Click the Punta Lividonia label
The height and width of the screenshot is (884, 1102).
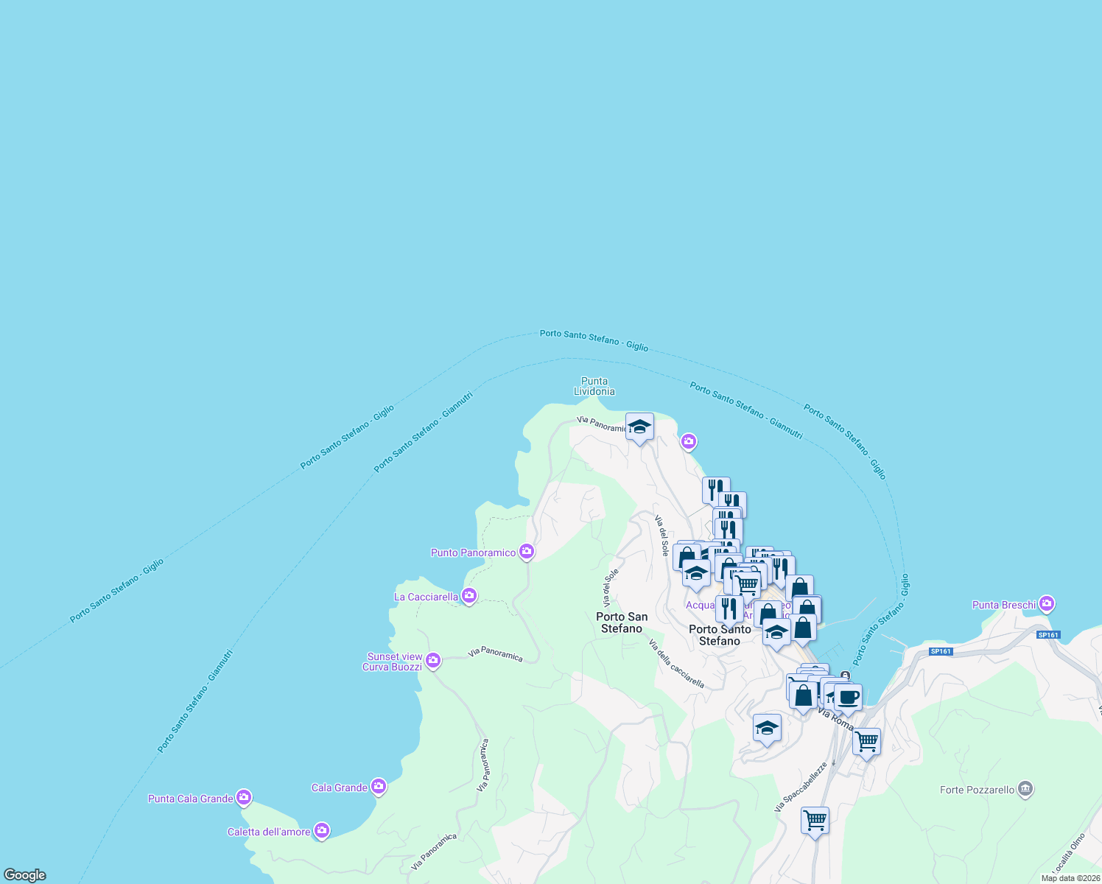594,387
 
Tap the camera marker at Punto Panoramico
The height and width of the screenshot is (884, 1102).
526,551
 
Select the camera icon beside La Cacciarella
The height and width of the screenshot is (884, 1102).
469,595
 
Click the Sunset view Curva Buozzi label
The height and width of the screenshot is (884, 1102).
394,662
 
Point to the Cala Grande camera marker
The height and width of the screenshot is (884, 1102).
379,787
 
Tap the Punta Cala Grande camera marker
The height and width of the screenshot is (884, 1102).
244,797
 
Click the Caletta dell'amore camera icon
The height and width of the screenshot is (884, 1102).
321,830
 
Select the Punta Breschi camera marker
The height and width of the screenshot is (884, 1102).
1047,604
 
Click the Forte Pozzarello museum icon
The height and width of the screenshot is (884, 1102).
1025,790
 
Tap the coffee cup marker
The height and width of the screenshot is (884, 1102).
848,696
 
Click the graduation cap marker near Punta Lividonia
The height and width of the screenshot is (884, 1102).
639,426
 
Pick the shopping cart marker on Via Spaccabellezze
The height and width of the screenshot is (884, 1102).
815,820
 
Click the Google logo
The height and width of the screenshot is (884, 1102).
25,875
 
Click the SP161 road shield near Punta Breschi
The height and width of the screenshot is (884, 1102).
1047,635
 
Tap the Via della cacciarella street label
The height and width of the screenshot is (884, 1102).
676,664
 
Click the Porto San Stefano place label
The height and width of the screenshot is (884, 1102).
622,622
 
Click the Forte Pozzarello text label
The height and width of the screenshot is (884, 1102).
977,790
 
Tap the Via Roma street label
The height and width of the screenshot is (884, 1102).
835,718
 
